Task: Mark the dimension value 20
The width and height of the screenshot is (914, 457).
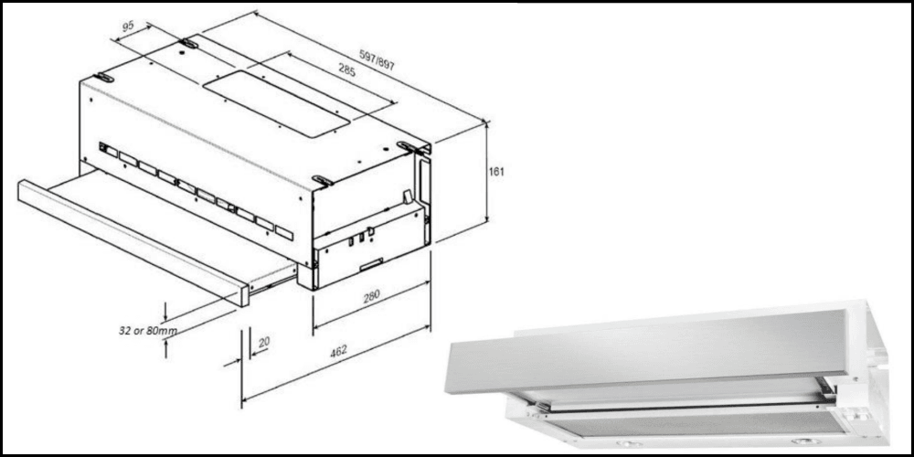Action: (264, 342)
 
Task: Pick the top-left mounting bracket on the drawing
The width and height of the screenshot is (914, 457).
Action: (104, 79)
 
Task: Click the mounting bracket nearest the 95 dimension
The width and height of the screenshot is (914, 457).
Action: (187, 44)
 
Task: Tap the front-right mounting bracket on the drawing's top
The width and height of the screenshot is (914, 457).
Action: (323, 180)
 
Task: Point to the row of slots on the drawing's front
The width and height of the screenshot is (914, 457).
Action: (197, 192)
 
